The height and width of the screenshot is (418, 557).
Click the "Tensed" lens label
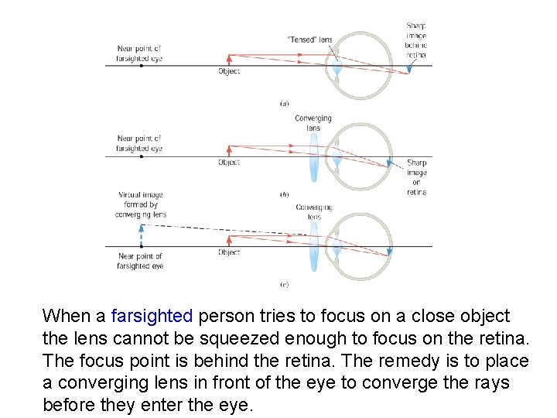point(309,40)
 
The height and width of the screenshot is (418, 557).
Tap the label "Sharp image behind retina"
point(415,40)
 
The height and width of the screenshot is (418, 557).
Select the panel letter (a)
point(285,102)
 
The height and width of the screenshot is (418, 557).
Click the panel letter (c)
point(285,285)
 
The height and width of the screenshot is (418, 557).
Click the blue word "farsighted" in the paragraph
point(152,316)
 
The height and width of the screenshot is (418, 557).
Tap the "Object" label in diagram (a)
point(229,71)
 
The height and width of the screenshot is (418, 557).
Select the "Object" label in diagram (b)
point(229,163)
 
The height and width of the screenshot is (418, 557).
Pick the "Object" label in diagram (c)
point(229,252)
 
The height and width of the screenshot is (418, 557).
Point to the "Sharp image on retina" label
point(416,178)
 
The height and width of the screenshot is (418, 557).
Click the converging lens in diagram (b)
point(314,156)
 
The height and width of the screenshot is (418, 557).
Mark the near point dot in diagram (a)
point(141,66)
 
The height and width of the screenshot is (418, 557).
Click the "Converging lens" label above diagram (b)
point(313,123)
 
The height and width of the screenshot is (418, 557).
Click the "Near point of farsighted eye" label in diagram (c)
point(140,261)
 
